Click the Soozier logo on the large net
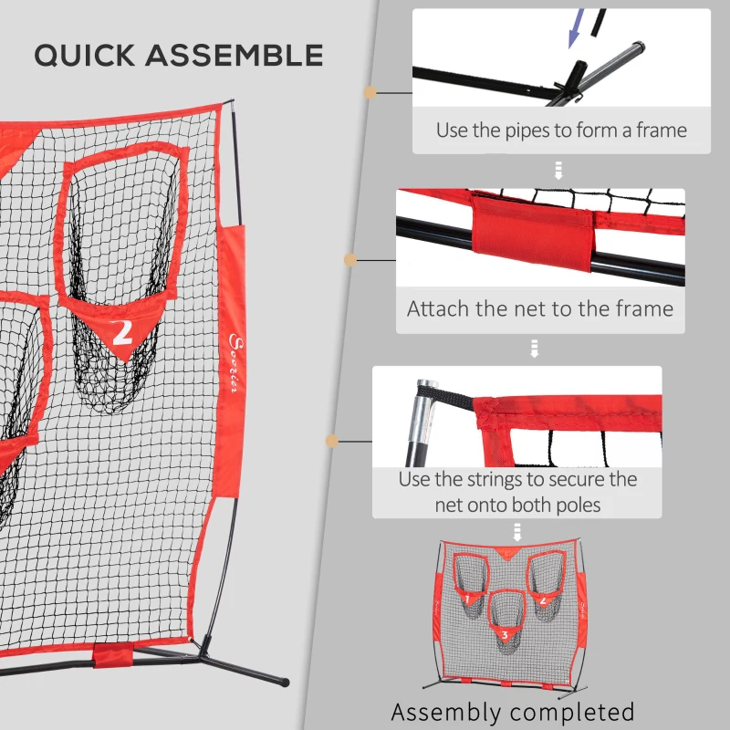coord(229,365)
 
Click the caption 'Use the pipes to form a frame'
coord(560,130)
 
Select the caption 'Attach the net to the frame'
coord(540,308)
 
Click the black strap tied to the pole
coord(453,401)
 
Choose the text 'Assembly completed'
coord(512,711)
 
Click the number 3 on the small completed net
coord(503,633)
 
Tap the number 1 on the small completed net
coord(466,600)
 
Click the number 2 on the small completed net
coord(543,600)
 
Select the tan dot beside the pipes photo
coord(370,92)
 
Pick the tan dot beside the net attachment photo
coord(349,261)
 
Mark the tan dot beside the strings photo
coord(332,441)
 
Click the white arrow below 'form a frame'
coord(558,171)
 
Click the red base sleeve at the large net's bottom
coord(113,656)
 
